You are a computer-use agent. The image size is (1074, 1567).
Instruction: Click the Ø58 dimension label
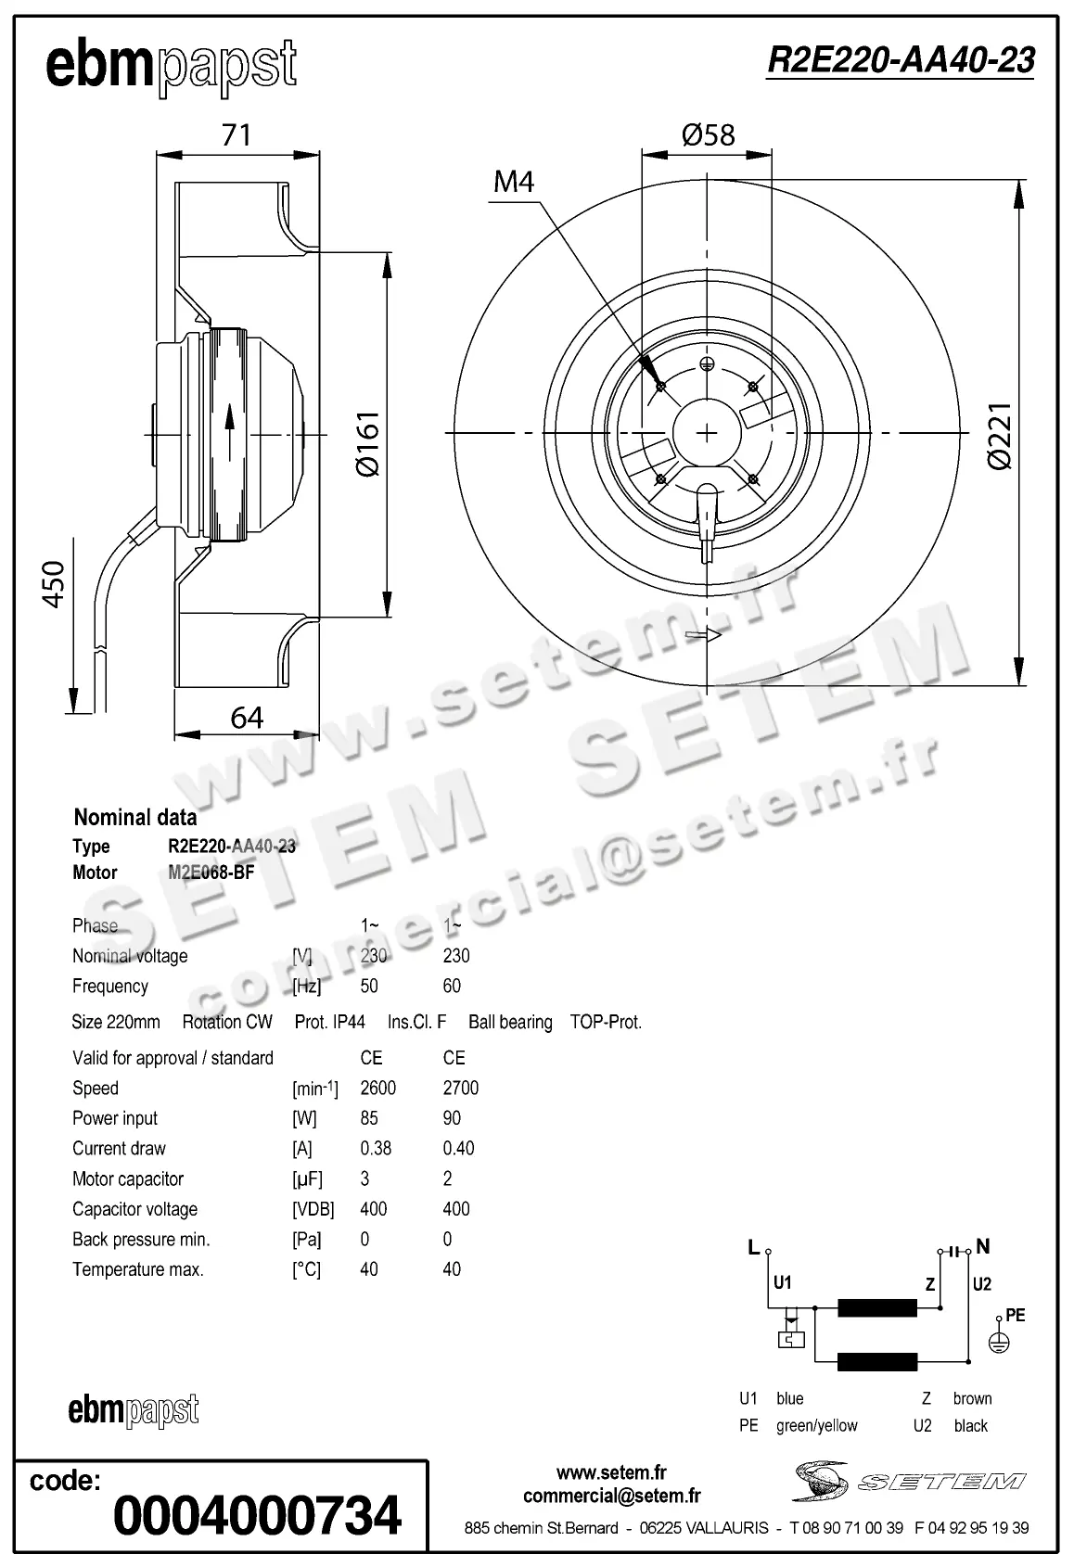click(x=708, y=135)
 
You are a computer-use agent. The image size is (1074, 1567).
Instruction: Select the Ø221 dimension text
click(x=1000, y=435)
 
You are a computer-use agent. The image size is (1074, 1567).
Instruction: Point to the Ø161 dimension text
click(x=368, y=443)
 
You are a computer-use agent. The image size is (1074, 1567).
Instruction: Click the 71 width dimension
click(x=237, y=135)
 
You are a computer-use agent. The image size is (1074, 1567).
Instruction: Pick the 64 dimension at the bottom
click(x=247, y=717)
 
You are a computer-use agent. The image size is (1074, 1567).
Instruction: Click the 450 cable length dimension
click(x=55, y=584)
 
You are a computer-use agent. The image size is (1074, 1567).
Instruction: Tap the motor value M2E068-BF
click(x=211, y=873)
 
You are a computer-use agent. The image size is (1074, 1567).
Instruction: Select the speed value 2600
click(x=377, y=1088)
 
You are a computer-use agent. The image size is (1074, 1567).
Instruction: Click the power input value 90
click(x=451, y=1118)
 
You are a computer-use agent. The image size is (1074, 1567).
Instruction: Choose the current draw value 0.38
click(x=376, y=1148)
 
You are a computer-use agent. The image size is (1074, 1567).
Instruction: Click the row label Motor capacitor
click(x=128, y=1178)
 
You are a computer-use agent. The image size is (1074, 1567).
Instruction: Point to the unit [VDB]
click(x=313, y=1209)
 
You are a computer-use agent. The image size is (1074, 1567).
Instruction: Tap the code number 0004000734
click(x=257, y=1515)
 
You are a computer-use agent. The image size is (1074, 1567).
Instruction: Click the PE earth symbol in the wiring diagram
click(x=998, y=1342)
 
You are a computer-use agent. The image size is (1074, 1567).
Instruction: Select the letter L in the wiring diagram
click(x=754, y=1248)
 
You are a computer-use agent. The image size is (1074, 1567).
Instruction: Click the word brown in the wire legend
click(x=972, y=1398)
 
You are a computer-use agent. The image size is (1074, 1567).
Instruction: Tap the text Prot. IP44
click(x=329, y=1022)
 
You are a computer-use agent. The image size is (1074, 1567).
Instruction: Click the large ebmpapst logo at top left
click(x=171, y=67)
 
